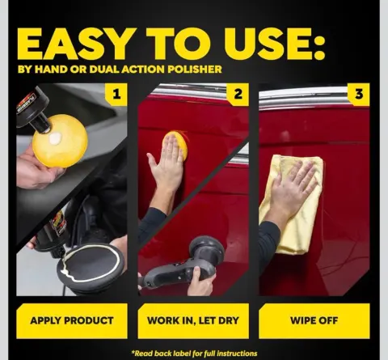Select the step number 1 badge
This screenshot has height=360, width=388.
(x=116, y=94)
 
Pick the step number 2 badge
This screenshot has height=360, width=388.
(x=238, y=94)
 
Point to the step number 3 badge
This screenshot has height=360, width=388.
(x=359, y=94)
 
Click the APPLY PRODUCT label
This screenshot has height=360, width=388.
(x=72, y=320)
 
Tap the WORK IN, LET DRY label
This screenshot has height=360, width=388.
(x=193, y=320)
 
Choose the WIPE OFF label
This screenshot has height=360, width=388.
(x=314, y=320)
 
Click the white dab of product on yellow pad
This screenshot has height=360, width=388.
(x=56, y=138)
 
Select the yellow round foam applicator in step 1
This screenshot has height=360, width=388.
(x=60, y=141)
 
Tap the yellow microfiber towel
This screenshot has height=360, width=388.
(x=297, y=205)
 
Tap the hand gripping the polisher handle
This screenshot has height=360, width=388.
(x=200, y=282)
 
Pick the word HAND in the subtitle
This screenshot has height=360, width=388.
(x=51, y=70)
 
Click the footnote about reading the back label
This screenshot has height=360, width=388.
(x=194, y=354)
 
